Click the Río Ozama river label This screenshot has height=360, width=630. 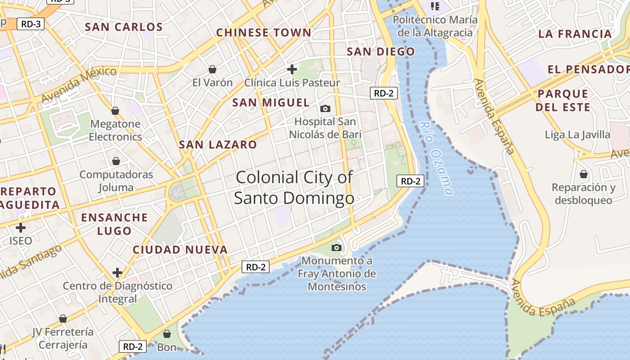[x=435, y=158]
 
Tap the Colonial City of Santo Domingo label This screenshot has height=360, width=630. [x=294, y=188]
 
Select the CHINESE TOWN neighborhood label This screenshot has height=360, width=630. [x=264, y=33]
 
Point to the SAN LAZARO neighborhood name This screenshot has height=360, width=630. [x=218, y=145]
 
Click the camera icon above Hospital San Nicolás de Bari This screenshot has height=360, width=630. [x=325, y=108]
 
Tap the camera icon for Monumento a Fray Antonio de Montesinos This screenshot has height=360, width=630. [x=336, y=247]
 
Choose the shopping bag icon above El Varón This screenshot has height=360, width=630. [x=212, y=69]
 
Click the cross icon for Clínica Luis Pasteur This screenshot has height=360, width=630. [x=292, y=69]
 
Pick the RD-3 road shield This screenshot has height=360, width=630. [x=31, y=24]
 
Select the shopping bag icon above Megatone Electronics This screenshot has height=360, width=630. [x=115, y=111]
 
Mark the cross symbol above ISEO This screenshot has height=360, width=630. [x=21, y=227]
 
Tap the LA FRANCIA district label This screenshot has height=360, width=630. [x=575, y=34]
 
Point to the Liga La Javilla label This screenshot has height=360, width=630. [x=577, y=135]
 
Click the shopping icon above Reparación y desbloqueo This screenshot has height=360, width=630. [x=584, y=174]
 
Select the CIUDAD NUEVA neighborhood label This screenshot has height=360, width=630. [x=180, y=250]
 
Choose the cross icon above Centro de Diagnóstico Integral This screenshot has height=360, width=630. [x=117, y=273]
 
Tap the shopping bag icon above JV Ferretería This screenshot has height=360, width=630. [x=63, y=319]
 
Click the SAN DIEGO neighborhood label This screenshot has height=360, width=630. [x=381, y=52]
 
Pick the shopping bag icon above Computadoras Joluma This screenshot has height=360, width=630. [x=116, y=161]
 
